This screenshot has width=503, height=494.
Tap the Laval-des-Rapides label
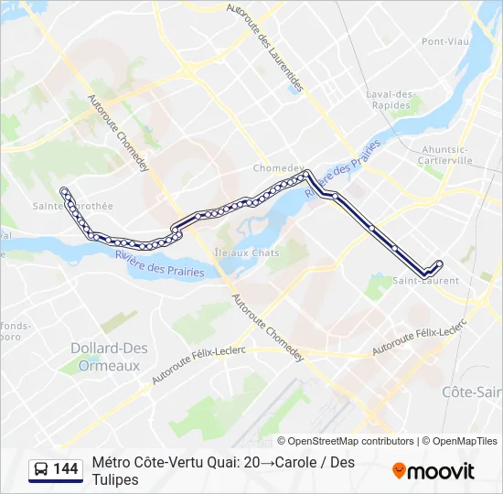[391, 99]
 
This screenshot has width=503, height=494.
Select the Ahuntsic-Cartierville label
[446, 154]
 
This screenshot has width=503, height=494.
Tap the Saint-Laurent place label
[425, 280]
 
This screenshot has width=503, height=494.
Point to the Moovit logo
[433, 470]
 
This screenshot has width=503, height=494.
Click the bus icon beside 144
[41, 469]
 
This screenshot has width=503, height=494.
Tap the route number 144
[66, 469]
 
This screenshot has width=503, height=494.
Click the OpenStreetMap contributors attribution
[350, 441]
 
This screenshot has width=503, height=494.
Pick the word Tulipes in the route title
[115, 479]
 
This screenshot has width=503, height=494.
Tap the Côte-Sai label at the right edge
[472, 392]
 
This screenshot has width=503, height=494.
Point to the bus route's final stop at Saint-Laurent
[440, 264]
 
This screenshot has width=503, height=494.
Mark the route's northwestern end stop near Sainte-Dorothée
[63, 190]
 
